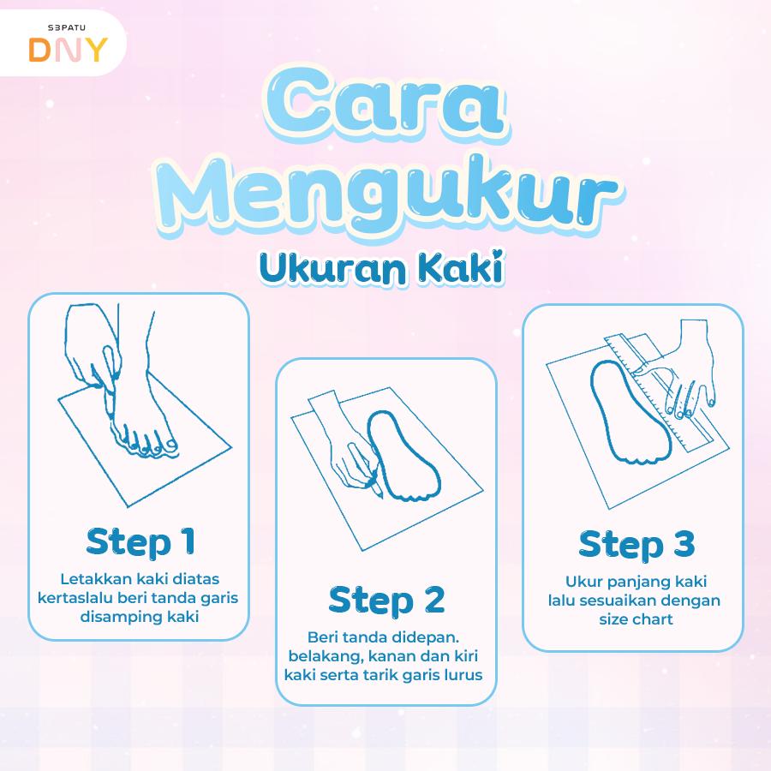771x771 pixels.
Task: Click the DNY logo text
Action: click(x=68, y=49)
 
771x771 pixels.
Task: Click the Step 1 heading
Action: click(x=140, y=541)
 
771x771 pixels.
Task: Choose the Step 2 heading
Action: click(x=386, y=600)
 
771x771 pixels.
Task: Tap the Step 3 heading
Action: click(x=636, y=545)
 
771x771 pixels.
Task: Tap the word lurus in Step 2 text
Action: click(x=463, y=674)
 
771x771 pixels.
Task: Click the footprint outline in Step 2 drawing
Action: click(x=403, y=454)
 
